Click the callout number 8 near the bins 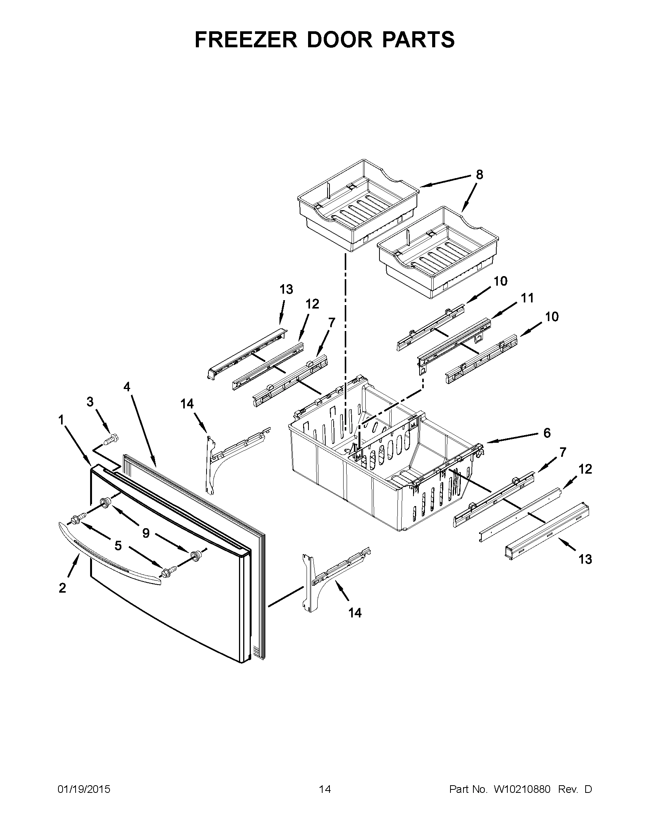click(x=479, y=175)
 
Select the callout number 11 click(x=528, y=298)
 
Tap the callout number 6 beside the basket click(x=547, y=433)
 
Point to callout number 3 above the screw click(x=90, y=402)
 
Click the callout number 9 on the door click(x=146, y=533)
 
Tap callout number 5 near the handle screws click(x=118, y=545)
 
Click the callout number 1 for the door click(x=61, y=420)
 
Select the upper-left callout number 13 click(x=286, y=289)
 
